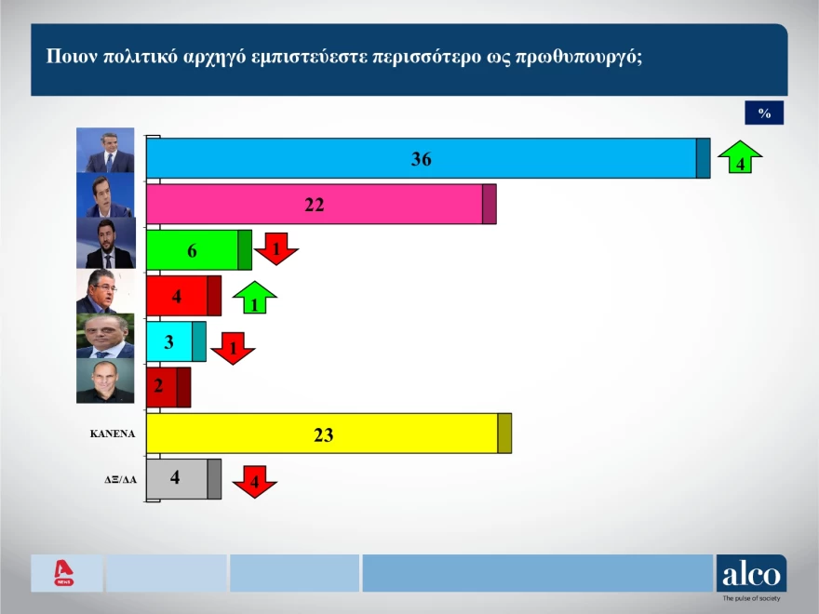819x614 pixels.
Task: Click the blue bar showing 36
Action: click(421, 158)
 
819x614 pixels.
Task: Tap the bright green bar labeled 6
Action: click(193, 250)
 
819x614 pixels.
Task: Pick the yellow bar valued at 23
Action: click(323, 434)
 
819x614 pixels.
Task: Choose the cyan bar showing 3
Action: click(169, 341)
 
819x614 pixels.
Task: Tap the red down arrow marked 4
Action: click(254, 481)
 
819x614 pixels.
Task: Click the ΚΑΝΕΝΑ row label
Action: click(112, 434)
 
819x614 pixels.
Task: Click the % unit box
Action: click(764, 113)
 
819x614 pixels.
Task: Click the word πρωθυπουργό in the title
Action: click(578, 55)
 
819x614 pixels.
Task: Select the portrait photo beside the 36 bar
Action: click(105, 151)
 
